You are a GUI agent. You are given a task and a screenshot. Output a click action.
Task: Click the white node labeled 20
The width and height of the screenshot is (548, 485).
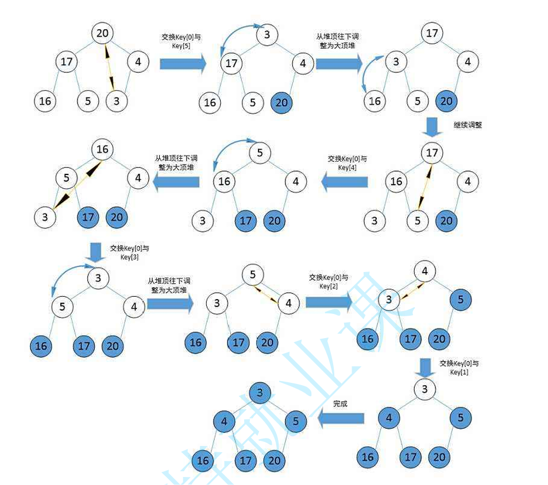(102, 33)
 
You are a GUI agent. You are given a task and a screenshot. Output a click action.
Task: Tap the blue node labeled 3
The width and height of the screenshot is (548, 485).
(260, 393)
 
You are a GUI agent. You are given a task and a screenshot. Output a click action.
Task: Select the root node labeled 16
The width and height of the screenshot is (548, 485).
(102, 150)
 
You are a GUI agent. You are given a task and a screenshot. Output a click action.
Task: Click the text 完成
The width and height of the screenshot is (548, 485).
(340, 403)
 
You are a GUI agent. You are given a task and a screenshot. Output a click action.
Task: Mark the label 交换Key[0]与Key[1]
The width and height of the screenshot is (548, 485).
(459, 367)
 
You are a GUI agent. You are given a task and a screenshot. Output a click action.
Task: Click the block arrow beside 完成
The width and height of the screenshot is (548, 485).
(341, 419)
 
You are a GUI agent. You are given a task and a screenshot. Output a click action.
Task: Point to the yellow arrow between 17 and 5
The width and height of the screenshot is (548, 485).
(426, 187)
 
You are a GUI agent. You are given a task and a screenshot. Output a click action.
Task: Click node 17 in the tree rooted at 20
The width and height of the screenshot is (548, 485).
(67, 61)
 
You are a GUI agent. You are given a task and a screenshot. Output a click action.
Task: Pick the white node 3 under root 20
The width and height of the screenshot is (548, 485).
(117, 102)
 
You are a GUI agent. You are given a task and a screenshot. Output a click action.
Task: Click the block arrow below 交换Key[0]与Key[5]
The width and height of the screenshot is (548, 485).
(182, 63)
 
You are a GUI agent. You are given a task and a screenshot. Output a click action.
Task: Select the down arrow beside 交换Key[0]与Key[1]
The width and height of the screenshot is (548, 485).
(425, 366)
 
